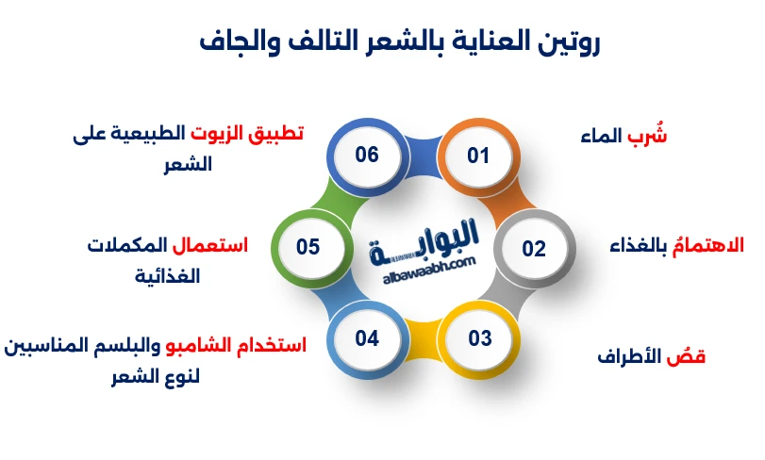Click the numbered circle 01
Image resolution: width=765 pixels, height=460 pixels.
coord(478,156)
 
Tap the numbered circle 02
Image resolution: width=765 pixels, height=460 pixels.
coord(534,249)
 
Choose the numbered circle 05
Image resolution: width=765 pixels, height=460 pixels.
coord(308,248)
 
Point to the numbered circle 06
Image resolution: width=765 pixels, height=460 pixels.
coord(366,156)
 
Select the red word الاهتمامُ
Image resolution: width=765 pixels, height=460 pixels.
coord(705,247)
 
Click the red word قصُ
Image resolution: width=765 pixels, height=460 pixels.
coord(690,357)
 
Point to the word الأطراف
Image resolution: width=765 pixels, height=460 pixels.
coord(632,357)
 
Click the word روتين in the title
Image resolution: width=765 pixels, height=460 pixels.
coord(569,42)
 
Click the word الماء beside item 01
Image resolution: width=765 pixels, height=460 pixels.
coord(601,136)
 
